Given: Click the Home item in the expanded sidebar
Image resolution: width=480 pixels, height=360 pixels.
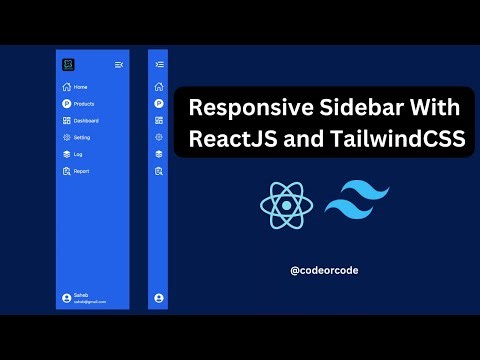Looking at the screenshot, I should coord(80,87).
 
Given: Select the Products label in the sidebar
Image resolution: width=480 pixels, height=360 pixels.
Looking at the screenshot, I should coord(84,104).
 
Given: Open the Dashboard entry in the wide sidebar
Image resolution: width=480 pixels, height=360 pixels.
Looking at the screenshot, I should coord(86,121).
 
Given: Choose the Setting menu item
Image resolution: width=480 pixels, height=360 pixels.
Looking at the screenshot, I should coord(82,137).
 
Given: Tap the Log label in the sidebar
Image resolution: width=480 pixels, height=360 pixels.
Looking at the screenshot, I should coord(78,154).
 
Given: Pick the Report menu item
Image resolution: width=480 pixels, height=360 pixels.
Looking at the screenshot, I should coord(81,171).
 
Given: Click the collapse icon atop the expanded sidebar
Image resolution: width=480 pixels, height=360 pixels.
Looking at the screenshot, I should coord(119,65).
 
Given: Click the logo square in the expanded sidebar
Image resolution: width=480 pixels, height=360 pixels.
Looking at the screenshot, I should coord(67,65).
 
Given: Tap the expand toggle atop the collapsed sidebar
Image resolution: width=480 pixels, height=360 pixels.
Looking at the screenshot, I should coord(158,65).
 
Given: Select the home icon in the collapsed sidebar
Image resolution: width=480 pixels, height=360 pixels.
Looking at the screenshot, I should coord(158,87).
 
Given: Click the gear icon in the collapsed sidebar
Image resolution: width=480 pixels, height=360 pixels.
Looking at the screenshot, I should coord(158,138).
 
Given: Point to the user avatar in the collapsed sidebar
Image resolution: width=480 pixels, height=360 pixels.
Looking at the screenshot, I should coord(158,298).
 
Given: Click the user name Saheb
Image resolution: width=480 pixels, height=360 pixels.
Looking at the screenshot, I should coord(80,295).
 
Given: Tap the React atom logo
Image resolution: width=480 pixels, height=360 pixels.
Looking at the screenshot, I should coord(286,204).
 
